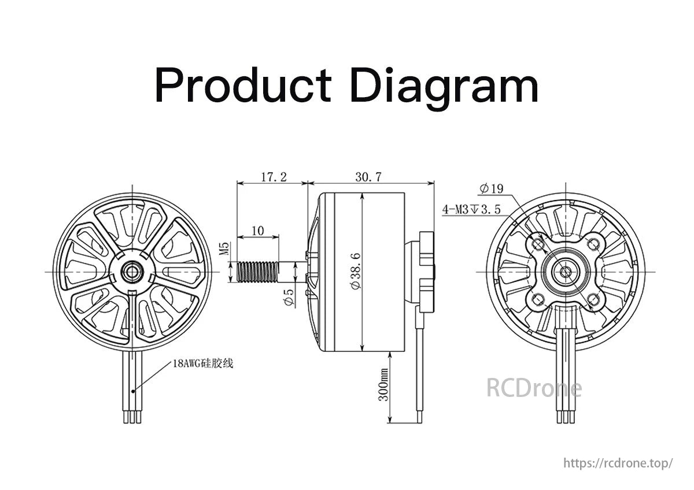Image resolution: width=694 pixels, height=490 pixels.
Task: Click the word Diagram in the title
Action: click(x=445, y=87)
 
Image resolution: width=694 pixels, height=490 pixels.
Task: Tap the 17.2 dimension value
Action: click(x=273, y=177)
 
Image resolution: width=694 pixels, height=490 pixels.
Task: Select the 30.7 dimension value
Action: click(x=368, y=177)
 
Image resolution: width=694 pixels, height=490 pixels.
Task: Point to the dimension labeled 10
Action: click(x=257, y=230)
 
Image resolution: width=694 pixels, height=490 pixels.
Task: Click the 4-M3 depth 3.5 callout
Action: click(x=471, y=209)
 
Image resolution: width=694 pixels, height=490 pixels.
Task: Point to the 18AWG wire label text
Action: click(x=202, y=364)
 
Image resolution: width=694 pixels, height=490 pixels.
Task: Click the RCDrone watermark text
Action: click(x=533, y=388)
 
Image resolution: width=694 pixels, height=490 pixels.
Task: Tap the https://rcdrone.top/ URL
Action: click(x=618, y=463)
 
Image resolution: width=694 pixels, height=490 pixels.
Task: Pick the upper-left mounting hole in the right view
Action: click(x=538, y=245)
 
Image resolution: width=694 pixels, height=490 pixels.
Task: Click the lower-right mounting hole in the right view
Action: click(x=592, y=299)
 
